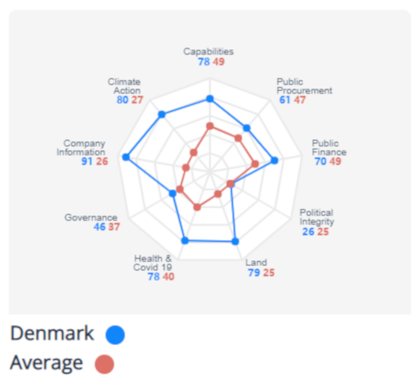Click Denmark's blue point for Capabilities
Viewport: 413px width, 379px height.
point(210,99)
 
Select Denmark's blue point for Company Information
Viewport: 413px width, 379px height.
point(125,157)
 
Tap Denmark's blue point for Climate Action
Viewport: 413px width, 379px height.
point(162,114)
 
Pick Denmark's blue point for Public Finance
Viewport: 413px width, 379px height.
point(275,161)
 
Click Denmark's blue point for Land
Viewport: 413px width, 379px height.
point(235,241)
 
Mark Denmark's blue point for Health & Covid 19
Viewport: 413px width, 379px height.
point(184,240)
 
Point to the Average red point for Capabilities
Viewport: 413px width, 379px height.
point(210,126)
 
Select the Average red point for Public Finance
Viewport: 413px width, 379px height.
point(255,164)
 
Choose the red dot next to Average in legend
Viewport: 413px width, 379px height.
point(105,364)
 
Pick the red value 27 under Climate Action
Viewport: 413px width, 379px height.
point(137,100)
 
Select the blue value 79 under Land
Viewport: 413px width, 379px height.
point(253,273)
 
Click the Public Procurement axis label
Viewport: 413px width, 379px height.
point(304,86)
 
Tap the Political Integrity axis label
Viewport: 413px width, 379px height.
point(317,217)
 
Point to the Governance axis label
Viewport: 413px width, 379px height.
point(91,217)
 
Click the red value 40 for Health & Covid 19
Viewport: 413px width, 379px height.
point(168,277)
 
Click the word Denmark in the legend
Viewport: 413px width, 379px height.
point(52,334)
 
